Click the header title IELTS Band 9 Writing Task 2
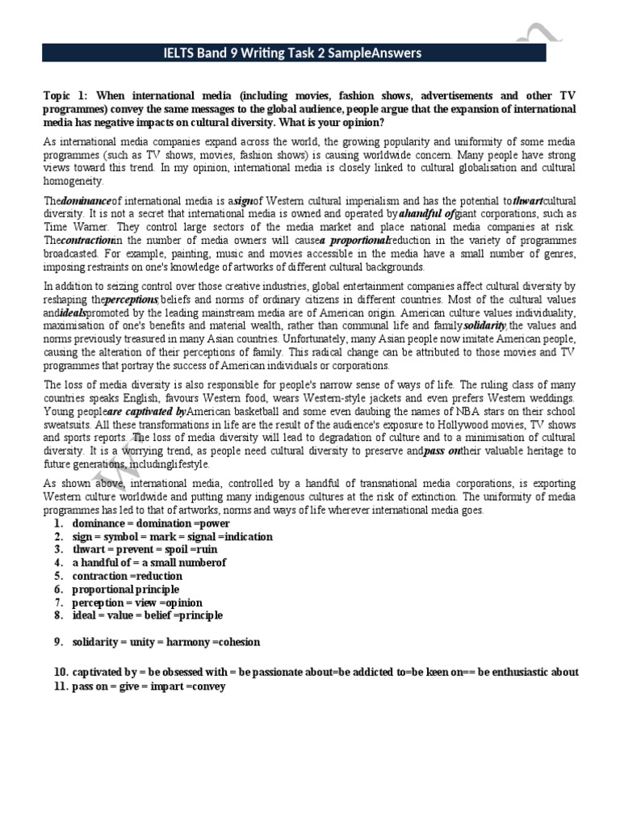(x=292, y=53)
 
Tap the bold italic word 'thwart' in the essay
(x=530, y=200)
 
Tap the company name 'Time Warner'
(x=69, y=228)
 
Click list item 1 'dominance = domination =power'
(x=151, y=523)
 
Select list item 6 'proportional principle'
(x=125, y=590)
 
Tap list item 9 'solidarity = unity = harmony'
(x=166, y=642)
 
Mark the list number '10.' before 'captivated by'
(x=61, y=672)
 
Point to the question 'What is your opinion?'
(x=333, y=122)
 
